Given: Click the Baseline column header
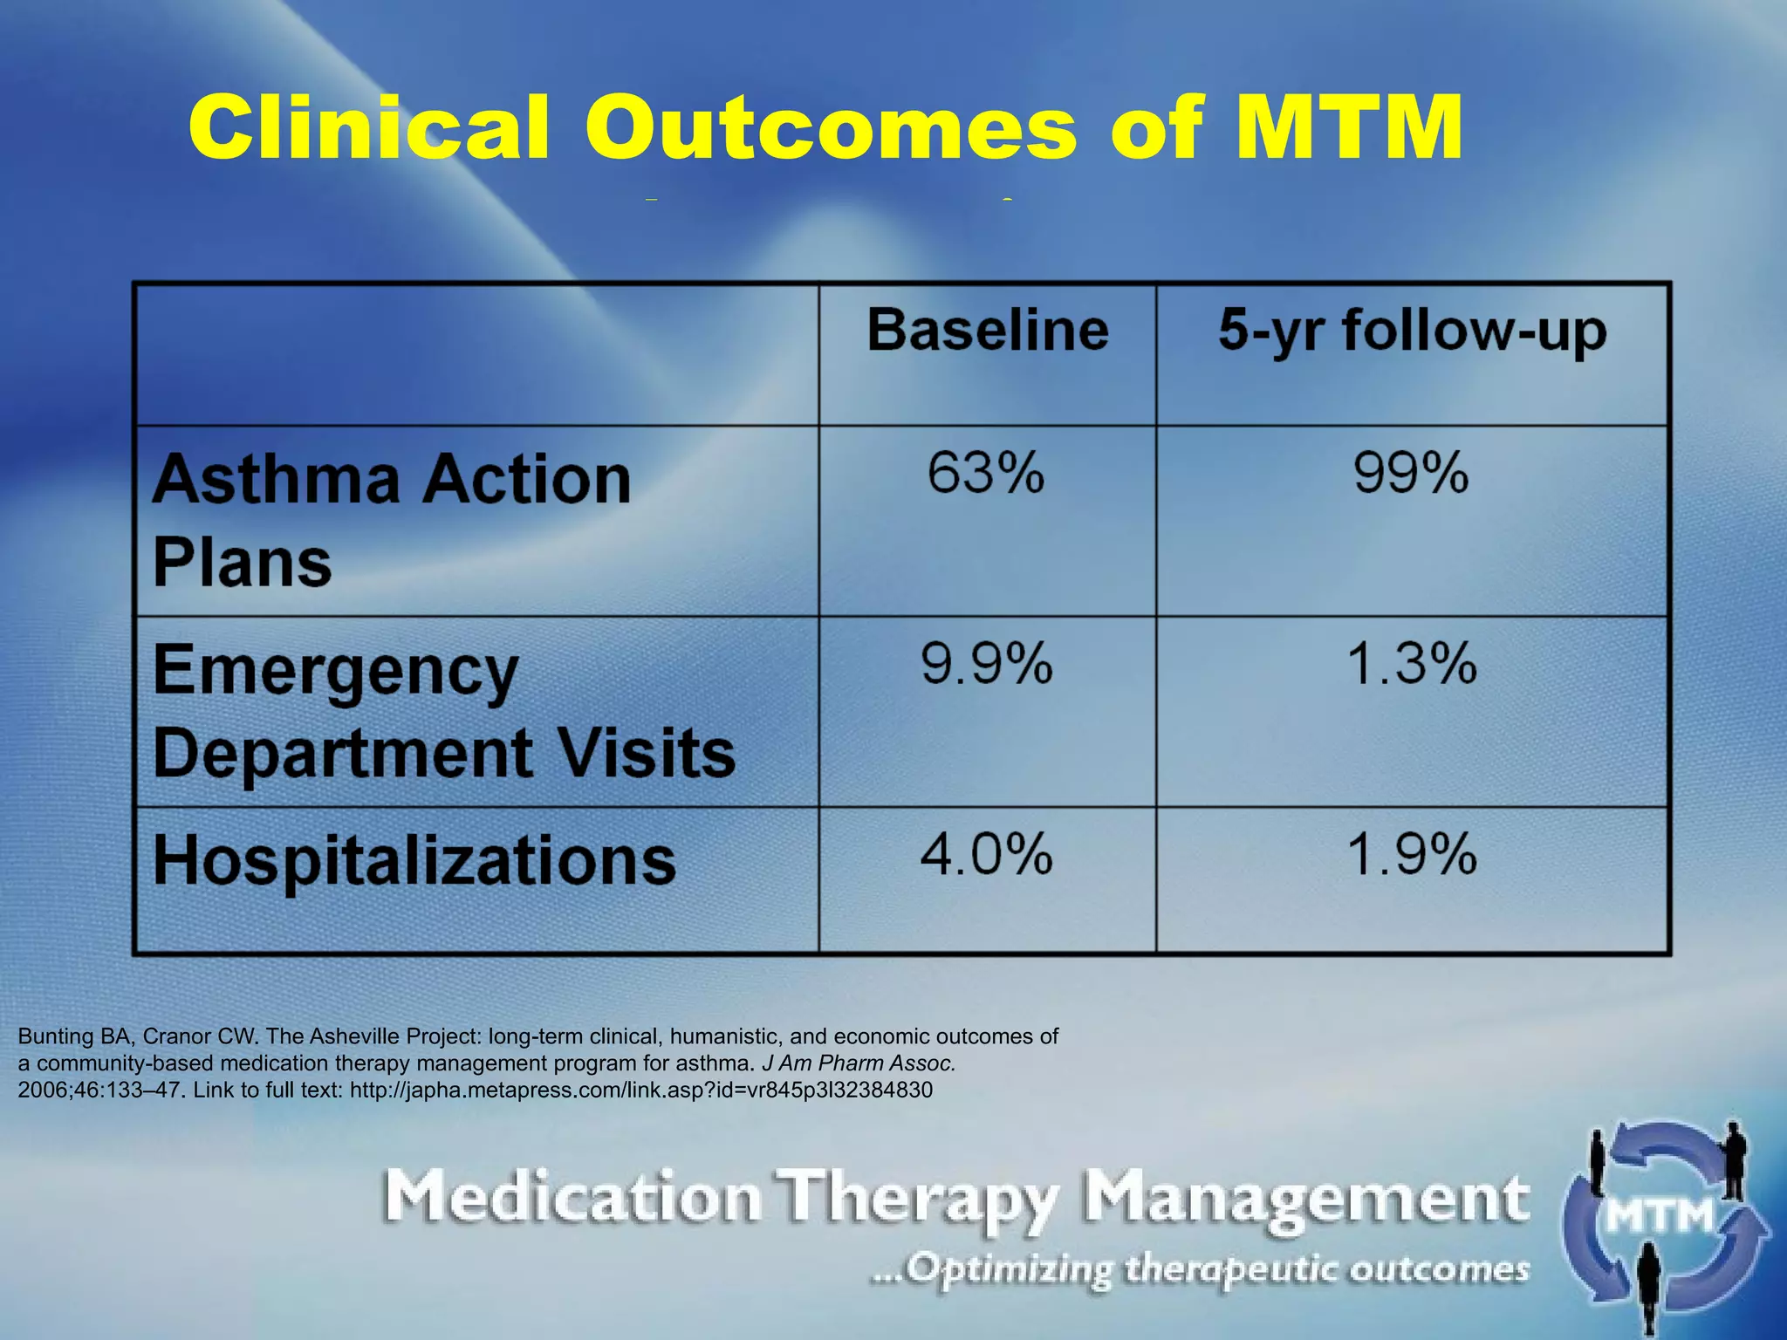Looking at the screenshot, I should click(988, 331).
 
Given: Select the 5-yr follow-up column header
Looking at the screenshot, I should click(1412, 332).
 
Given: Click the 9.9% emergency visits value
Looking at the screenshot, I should click(987, 664).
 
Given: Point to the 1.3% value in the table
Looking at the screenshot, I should click(1412, 664).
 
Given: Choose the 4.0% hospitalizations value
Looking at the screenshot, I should click(987, 854).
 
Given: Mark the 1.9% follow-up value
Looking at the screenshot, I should click(1412, 854).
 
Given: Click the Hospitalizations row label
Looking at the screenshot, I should click(414, 861).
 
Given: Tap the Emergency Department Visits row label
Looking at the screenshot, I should click(443, 711).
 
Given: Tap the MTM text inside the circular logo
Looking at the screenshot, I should click(1660, 1215).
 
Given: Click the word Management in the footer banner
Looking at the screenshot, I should click(1305, 1199).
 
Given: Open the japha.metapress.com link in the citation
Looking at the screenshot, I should click(640, 1090).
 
